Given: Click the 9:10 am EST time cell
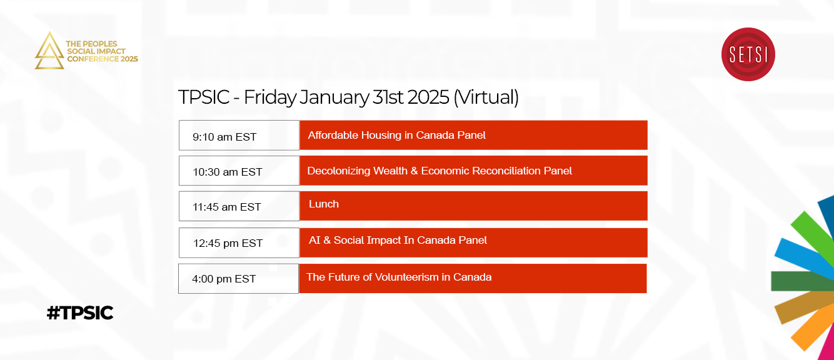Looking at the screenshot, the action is point(239,135).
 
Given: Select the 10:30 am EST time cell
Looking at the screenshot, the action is point(239,171).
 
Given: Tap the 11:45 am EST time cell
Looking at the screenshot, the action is point(239,206).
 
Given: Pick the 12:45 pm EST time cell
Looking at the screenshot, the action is point(239,242).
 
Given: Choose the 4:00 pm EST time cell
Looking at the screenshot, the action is point(239,279).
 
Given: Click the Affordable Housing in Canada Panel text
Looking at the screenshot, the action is point(396,135).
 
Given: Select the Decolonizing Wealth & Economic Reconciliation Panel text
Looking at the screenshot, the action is point(440,171).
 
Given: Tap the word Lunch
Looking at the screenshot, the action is point(324,204).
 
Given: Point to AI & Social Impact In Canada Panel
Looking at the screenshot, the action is point(398,240).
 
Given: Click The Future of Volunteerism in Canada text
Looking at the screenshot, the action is point(399,277).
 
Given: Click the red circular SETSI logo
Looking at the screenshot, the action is point(748,54).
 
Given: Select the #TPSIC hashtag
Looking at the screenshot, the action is point(80,312).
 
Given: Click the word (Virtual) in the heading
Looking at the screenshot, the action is point(486,97).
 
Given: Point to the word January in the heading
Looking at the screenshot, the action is point(334,97).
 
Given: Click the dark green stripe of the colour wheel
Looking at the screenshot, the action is point(802,281).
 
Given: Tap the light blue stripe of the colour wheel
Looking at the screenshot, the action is point(804,257).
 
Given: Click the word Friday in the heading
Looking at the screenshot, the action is point(269,98).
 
